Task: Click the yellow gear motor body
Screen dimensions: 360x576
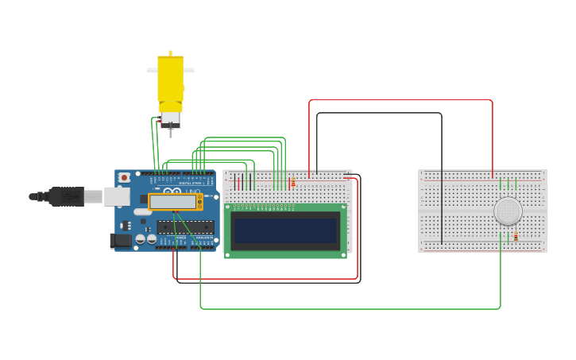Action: point(170,79)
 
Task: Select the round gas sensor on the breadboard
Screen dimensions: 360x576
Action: point(508,211)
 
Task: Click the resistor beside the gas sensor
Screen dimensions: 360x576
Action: point(516,236)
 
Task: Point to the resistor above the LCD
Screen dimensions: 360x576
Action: point(293,183)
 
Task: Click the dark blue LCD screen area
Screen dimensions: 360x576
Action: point(285,230)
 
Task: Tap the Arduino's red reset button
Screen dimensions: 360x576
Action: point(125,177)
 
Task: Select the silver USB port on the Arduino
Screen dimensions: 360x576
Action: point(116,196)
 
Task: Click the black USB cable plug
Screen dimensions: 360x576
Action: point(67,196)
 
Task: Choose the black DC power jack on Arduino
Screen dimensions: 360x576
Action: point(121,240)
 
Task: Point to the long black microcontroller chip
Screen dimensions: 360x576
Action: point(185,226)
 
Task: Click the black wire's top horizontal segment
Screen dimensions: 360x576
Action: point(378,113)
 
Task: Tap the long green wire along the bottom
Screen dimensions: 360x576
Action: point(350,308)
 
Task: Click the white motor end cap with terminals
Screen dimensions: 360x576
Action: point(170,120)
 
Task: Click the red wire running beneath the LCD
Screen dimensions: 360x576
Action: point(266,278)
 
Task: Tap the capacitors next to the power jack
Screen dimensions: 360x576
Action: point(145,238)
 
